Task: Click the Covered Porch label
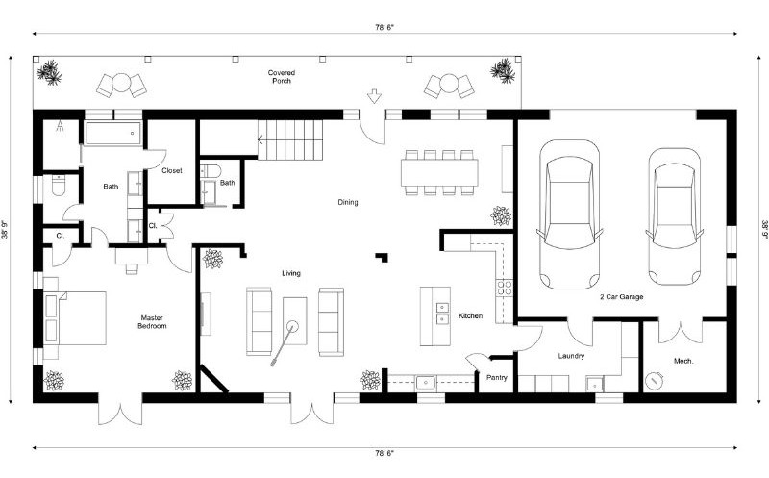[280, 77]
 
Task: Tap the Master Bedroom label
[153, 322]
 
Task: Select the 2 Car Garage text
[621, 298]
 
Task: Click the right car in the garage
[673, 214]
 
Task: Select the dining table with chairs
[439, 172]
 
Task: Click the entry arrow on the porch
[374, 96]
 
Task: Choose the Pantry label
[496, 378]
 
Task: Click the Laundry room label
[571, 356]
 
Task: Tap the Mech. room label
[684, 361]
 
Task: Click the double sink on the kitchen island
[441, 314]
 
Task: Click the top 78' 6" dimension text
[384, 29]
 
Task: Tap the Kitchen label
[470, 316]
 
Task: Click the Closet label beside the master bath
[172, 171]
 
